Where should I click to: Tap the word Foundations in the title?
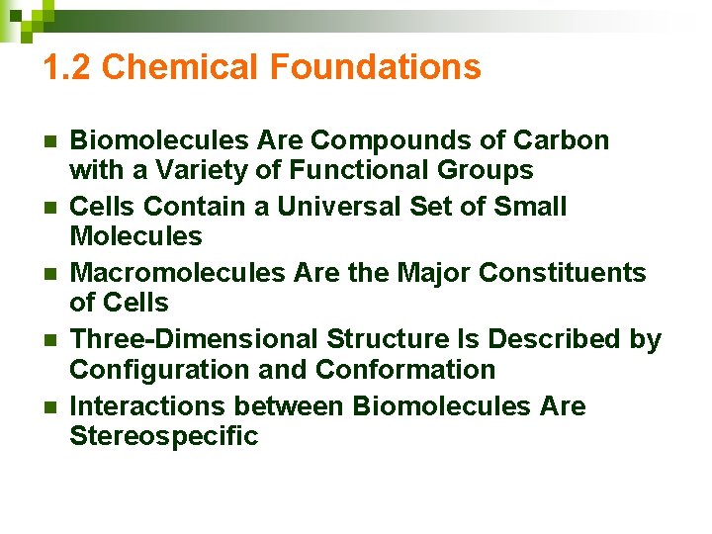coord(375,67)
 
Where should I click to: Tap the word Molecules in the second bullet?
coord(135,236)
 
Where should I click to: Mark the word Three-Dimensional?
coord(194,339)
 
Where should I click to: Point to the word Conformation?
coord(405,370)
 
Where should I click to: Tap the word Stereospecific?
coord(163,436)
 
